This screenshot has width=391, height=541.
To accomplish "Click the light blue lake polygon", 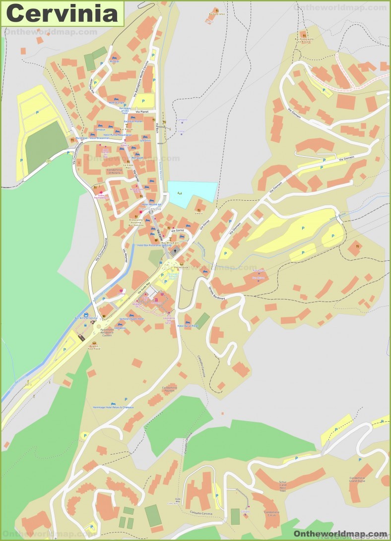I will tap(192, 194).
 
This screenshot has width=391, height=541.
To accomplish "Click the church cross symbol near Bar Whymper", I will tap(175, 238).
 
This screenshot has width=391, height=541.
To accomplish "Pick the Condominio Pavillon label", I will tap(169, 389).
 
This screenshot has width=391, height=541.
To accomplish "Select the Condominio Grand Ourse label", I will tap(357, 480).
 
